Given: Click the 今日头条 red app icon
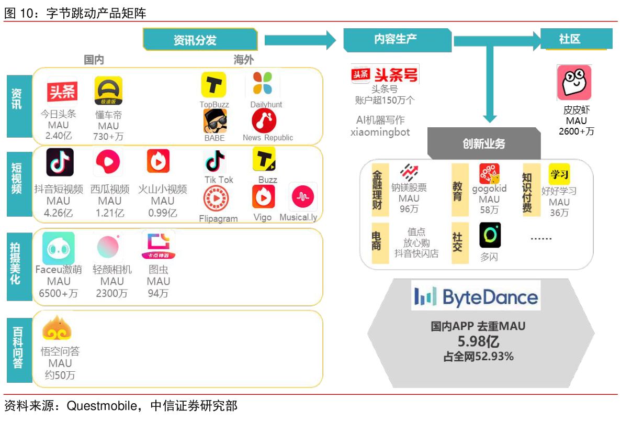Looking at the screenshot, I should click(x=62, y=92).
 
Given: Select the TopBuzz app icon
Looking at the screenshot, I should click(x=213, y=85).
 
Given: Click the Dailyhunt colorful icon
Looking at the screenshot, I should click(x=263, y=84).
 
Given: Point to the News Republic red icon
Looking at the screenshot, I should click(x=264, y=121).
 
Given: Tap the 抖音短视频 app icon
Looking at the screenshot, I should click(x=60, y=162).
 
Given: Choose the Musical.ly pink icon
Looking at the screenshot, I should click(x=303, y=197).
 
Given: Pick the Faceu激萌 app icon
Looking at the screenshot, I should click(x=59, y=248).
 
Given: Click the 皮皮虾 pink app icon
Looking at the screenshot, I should click(x=574, y=83).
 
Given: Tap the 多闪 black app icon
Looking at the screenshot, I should click(x=490, y=235).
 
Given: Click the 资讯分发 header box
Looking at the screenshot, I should click(x=200, y=40).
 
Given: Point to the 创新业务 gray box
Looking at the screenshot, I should click(x=484, y=143).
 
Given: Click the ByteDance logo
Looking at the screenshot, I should click(x=476, y=296).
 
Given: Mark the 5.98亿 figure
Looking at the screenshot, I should click(x=478, y=342).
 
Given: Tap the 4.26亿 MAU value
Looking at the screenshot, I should click(x=58, y=213).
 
